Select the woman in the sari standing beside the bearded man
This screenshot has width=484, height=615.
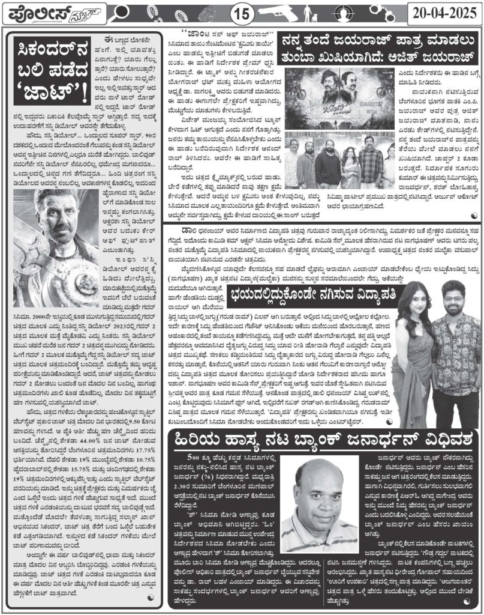(x=408, y=342)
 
